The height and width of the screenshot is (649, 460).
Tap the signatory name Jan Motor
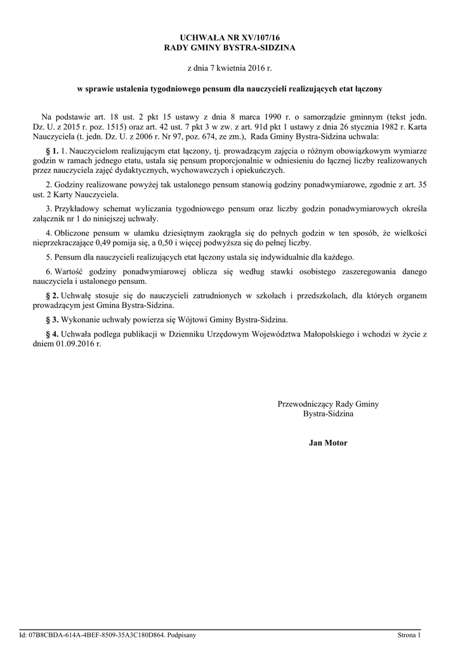(328, 443)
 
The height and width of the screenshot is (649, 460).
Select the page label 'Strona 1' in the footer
(409, 634)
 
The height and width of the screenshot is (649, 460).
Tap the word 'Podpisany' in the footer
(182, 634)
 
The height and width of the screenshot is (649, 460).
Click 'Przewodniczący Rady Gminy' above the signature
(328, 404)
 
